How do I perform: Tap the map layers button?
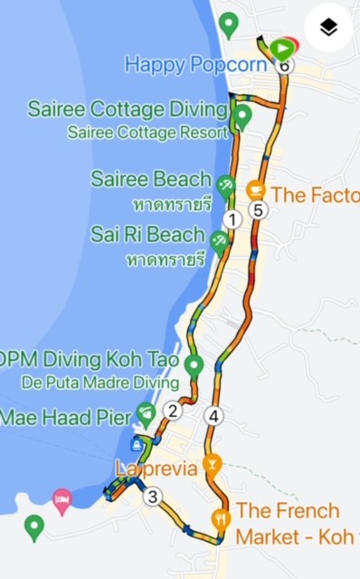(x=328, y=28)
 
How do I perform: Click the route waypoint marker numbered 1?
(x=232, y=219)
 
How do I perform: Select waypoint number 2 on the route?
(x=173, y=411)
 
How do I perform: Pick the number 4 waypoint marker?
(x=213, y=417)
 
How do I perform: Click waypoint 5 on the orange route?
(x=260, y=211)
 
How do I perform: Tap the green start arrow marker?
(x=283, y=47)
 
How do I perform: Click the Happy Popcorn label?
(x=195, y=65)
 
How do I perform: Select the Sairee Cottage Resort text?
(x=147, y=132)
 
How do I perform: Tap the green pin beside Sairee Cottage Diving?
(x=242, y=117)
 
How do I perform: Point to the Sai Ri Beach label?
(x=147, y=235)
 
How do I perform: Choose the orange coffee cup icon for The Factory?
(x=256, y=191)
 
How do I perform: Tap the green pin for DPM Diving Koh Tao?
(x=193, y=365)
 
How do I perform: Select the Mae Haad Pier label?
(x=62, y=417)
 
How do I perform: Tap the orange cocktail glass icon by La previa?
(x=213, y=466)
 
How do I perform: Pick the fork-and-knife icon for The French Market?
(x=221, y=519)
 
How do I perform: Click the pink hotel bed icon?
(x=62, y=498)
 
